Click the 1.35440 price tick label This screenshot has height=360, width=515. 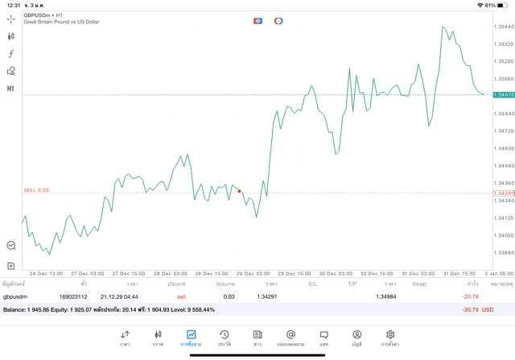tap(504, 27)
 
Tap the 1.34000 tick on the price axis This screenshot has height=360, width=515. tap(504, 234)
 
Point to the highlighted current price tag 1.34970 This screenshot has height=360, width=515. tap(504, 95)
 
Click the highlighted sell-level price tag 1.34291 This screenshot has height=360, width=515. tap(504, 193)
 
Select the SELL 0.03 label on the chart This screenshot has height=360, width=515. tap(36, 190)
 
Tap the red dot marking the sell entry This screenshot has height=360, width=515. tap(239, 191)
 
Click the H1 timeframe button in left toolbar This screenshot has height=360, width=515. tap(11, 89)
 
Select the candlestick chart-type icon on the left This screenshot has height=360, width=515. tap(11, 36)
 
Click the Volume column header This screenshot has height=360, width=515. tap(225, 283)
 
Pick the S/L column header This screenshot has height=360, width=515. tap(313, 283)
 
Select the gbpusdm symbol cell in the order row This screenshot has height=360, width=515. tap(16, 296)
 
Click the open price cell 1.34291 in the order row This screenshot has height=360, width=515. tap(267, 296)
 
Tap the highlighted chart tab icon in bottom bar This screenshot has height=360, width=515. tap(191, 335)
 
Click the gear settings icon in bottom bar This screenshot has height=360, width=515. tap(390, 335)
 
